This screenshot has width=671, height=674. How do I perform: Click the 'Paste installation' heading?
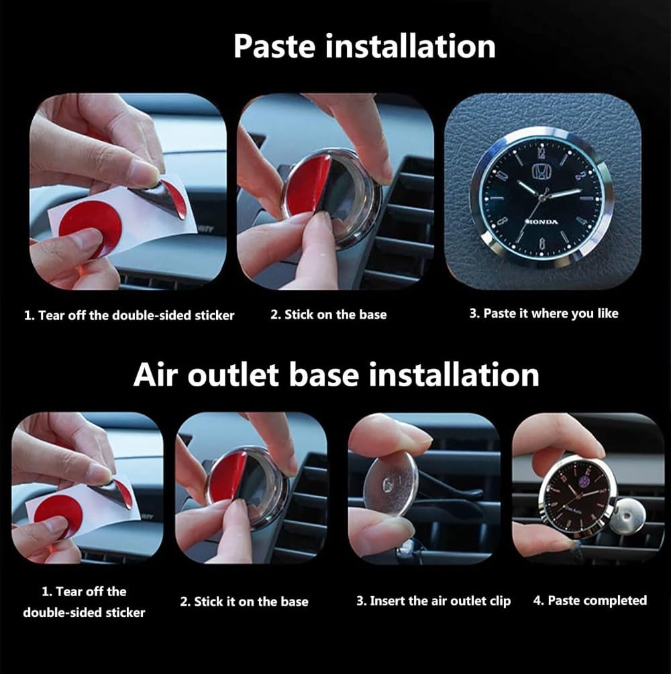click(364, 46)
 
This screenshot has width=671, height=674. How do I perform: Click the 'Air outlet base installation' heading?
click(335, 374)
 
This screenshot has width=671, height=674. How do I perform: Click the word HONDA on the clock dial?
click(541, 222)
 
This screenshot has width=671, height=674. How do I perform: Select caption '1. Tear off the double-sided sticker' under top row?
click(130, 315)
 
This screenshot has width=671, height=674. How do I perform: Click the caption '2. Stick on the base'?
click(328, 314)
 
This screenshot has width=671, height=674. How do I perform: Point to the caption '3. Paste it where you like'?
click(543, 313)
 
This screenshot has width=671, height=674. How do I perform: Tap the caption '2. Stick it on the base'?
click(244, 602)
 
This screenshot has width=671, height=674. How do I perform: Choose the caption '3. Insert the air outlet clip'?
click(433, 601)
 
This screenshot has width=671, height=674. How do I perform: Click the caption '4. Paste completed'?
click(590, 600)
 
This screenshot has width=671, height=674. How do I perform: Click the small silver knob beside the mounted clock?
click(627, 514)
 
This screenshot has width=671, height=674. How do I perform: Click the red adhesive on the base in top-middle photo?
click(308, 184)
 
